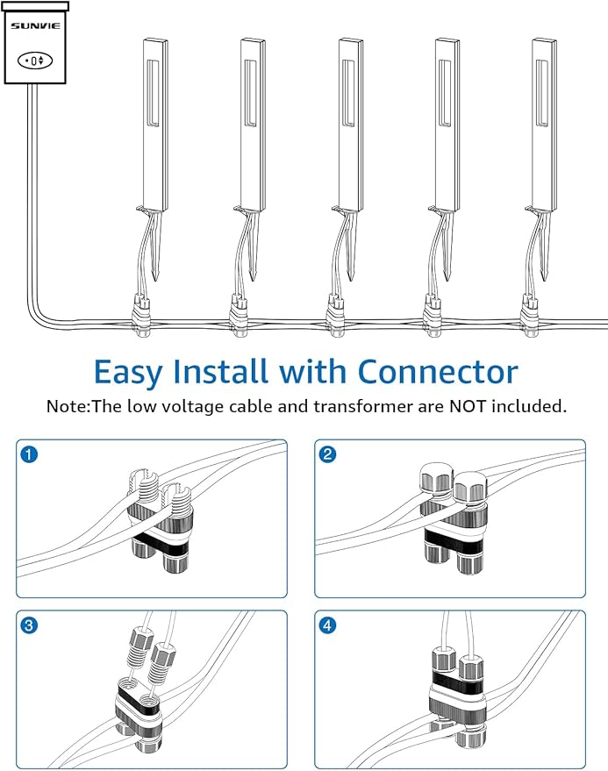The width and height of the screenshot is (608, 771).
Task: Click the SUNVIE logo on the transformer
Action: [x=35, y=26]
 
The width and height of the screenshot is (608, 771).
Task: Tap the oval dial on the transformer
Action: [x=35, y=60]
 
